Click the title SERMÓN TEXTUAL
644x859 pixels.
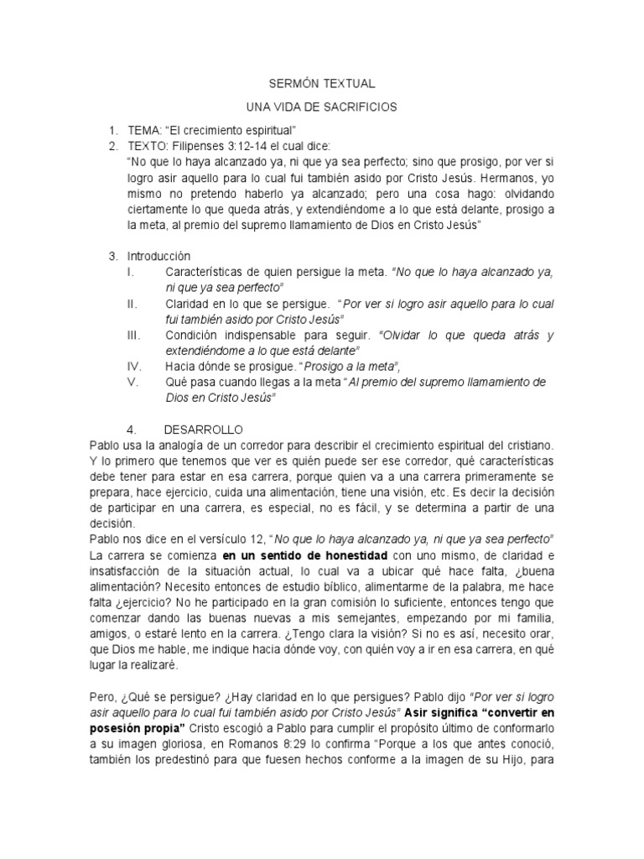[x=321, y=85]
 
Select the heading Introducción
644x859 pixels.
[x=159, y=255]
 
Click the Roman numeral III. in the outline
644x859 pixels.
[x=132, y=336]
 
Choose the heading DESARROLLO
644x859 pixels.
[x=202, y=429]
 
